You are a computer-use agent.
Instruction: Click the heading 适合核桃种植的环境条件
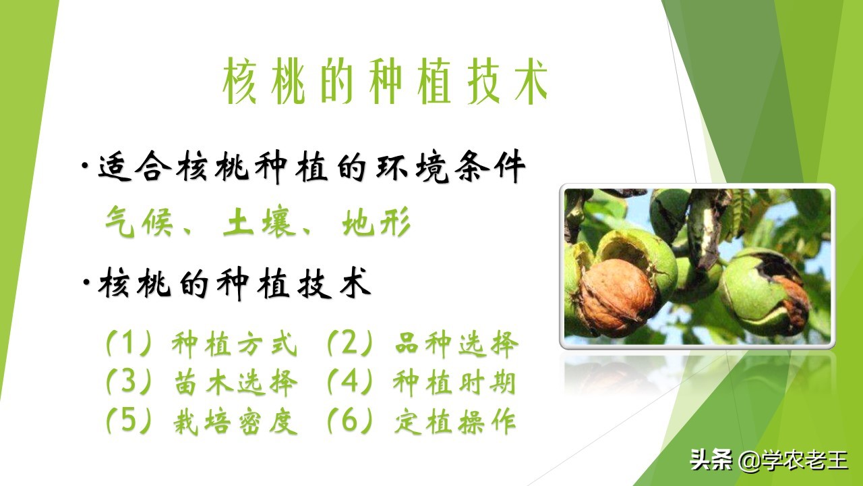coord(311,169)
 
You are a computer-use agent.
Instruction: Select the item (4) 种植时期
coord(421,383)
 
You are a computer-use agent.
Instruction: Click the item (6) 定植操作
coord(421,422)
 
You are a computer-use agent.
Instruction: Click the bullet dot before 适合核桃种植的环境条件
coord(85,167)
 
